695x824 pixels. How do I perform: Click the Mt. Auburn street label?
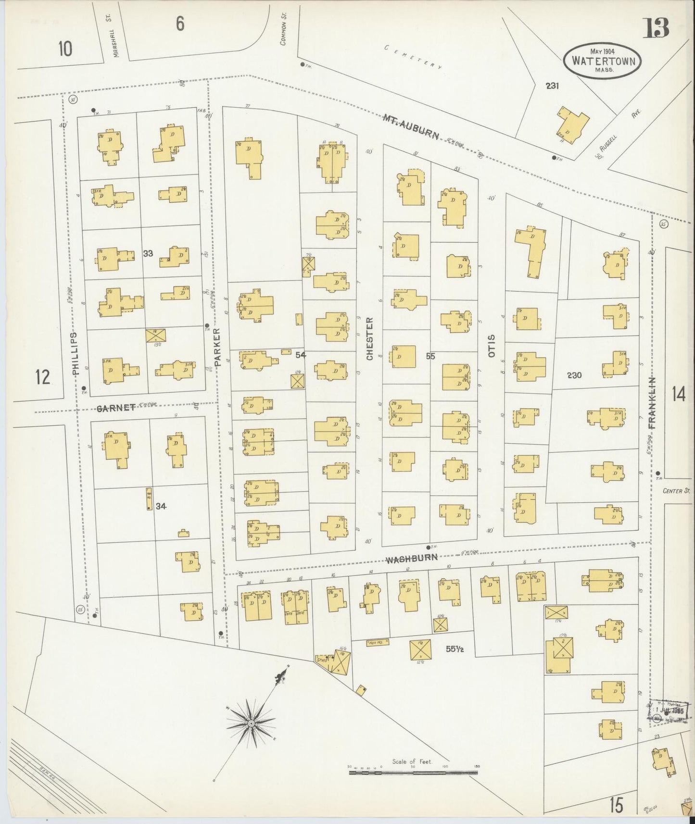(x=411, y=127)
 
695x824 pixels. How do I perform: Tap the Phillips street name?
(x=75, y=353)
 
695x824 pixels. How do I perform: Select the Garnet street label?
(x=116, y=408)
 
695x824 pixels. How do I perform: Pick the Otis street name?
(x=491, y=346)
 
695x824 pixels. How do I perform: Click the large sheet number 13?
(x=657, y=28)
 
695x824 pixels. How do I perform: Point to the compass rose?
(x=251, y=723)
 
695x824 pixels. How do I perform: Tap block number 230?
(x=574, y=375)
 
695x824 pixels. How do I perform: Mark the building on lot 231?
(x=572, y=126)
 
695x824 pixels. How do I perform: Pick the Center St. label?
(x=676, y=491)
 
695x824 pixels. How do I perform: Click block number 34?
(x=161, y=506)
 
